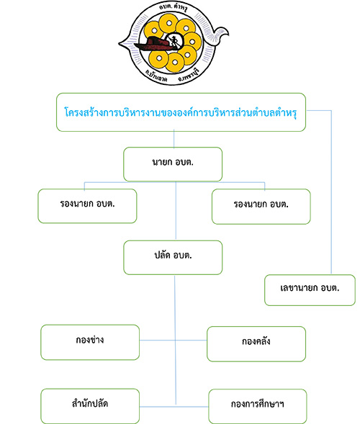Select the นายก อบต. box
click(x=173, y=164)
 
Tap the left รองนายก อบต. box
click(x=87, y=206)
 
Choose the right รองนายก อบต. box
click(x=261, y=207)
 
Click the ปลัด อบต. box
click(x=173, y=258)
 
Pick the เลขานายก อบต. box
click(x=310, y=290)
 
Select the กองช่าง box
click(x=90, y=343)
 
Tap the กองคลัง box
click(x=256, y=344)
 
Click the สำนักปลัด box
click(x=90, y=406)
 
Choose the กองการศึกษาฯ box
click(x=258, y=407)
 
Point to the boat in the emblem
click(x=157, y=45)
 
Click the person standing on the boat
click(x=173, y=40)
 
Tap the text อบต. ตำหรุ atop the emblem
click(x=173, y=7)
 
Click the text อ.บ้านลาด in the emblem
click(x=156, y=76)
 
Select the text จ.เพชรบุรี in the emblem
click(x=189, y=75)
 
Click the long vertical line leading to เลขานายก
click(x=331, y=192)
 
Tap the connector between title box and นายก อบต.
click(x=174, y=139)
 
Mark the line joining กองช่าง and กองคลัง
click(x=173, y=340)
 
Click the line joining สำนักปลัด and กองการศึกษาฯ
click(x=174, y=407)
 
